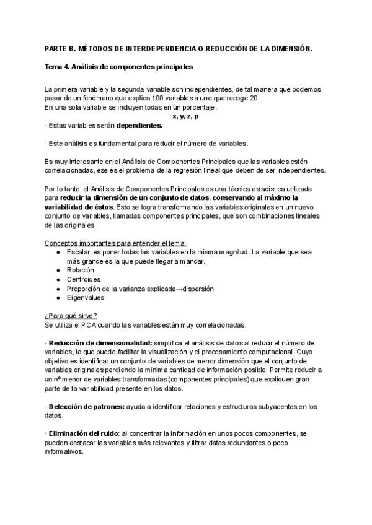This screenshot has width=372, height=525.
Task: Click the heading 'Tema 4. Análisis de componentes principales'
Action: [119, 65]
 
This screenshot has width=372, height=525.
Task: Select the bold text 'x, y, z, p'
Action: [185, 116]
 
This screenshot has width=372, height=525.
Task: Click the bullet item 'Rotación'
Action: [80, 270]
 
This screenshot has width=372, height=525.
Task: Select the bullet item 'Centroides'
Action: [83, 279]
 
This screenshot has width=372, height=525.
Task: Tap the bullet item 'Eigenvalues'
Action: [84, 297]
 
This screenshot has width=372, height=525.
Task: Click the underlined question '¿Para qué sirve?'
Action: [70, 315]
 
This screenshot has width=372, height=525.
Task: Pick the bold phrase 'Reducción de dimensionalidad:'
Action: [100, 342]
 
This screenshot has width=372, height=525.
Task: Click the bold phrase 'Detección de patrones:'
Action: [86, 406]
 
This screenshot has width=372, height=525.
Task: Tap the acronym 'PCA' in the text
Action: [86, 324]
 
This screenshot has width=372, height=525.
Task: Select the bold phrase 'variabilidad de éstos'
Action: [78, 206]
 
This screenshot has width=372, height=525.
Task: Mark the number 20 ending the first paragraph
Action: [255, 98]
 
